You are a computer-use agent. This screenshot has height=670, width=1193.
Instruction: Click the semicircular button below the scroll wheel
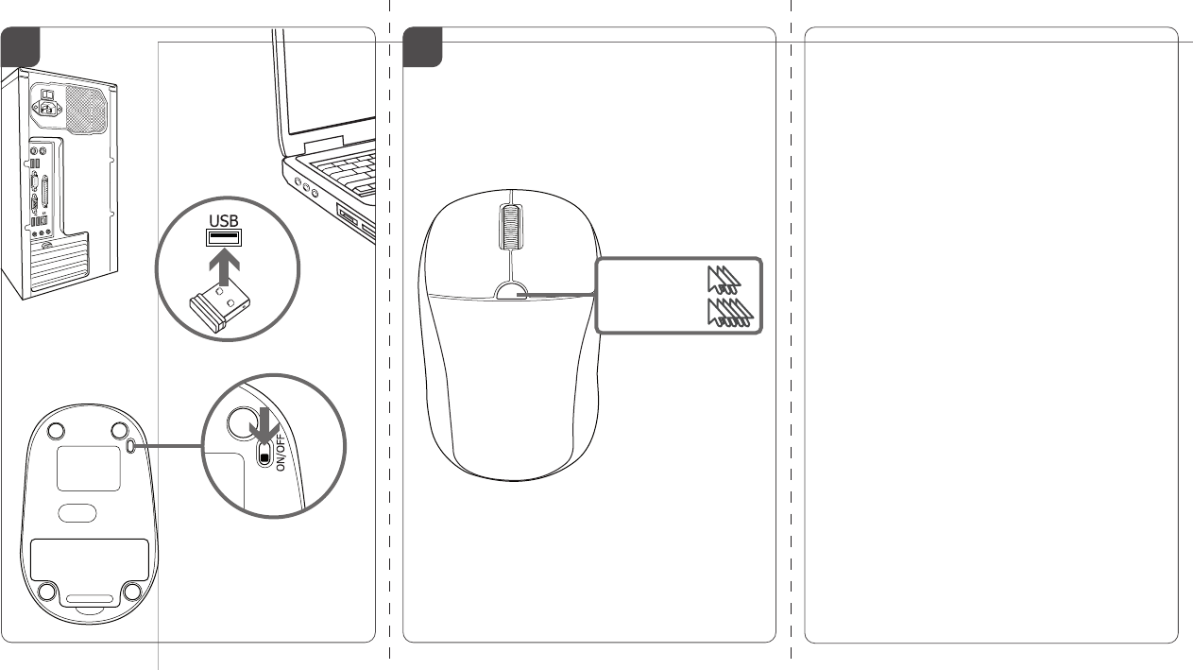coord(510,291)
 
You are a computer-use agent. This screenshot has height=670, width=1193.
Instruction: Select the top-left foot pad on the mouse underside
coord(56,431)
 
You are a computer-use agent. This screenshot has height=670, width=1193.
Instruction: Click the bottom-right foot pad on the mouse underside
coord(131,592)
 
